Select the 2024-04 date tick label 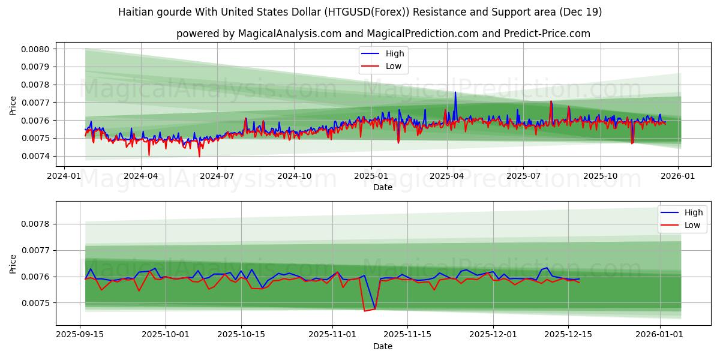tap(140, 176)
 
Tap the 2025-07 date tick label tap(523, 176)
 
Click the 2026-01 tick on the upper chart tap(678, 176)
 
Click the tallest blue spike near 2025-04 tap(455, 92)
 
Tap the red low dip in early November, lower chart tap(364, 311)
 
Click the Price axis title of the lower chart tap(13, 263)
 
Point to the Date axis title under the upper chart tap(382, 187)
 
